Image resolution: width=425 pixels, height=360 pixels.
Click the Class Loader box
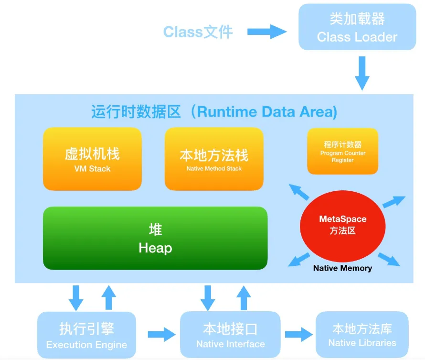point(357,27)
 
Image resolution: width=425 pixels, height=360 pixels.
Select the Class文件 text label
point(198,32)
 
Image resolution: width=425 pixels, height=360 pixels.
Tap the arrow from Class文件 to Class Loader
point(266,32)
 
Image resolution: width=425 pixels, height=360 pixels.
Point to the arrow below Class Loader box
point(361,72)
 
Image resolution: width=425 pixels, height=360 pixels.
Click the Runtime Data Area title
point(214,112)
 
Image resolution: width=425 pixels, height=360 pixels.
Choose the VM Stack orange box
point(92,159)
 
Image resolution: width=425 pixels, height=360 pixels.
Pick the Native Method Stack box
point(214,159)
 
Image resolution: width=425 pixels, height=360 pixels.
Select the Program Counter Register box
point(342,151)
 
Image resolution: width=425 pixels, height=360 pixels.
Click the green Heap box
point(155,238)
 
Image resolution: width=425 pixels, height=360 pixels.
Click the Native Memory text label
point(342,268)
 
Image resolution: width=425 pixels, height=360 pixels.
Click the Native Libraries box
point(362,335)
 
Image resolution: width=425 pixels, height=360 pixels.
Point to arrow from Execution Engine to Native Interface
point(161,335)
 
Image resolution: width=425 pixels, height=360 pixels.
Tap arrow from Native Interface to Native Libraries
point(298,333)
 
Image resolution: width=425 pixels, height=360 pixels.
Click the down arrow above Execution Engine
point(76,297)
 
